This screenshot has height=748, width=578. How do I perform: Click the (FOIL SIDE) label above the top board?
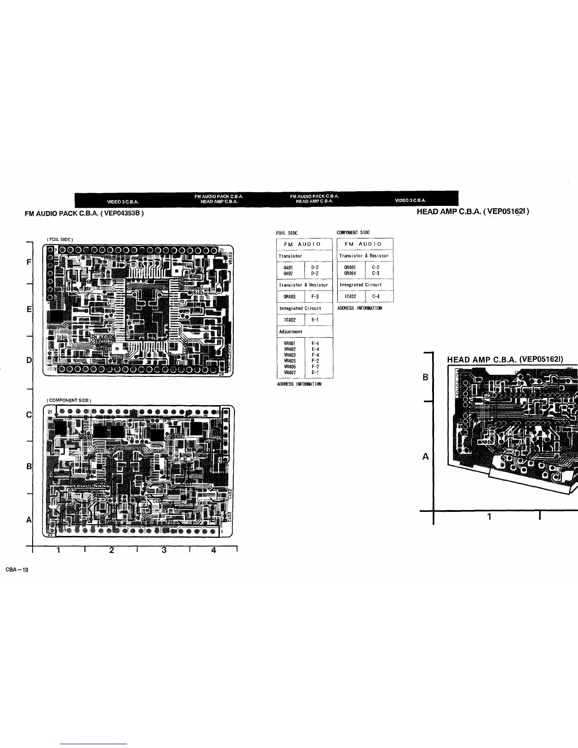click(59, 239)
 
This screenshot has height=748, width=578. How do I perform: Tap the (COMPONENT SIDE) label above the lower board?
click(69, 400)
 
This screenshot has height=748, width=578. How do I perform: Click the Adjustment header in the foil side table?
click(290, 331)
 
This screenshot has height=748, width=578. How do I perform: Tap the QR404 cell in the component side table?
click(350, 273)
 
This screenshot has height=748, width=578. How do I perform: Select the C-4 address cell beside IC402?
click(376, 297)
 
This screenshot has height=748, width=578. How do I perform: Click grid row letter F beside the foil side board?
click(29, 262)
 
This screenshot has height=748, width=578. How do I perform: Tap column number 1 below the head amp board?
click(489, 517)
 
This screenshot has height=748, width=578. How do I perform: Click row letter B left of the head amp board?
click(425, 378)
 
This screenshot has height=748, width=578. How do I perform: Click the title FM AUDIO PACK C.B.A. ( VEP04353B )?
click(84, 213)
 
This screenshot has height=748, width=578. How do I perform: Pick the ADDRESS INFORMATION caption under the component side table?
click(360, 308)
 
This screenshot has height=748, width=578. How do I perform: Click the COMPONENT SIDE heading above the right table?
click(353, 232)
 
